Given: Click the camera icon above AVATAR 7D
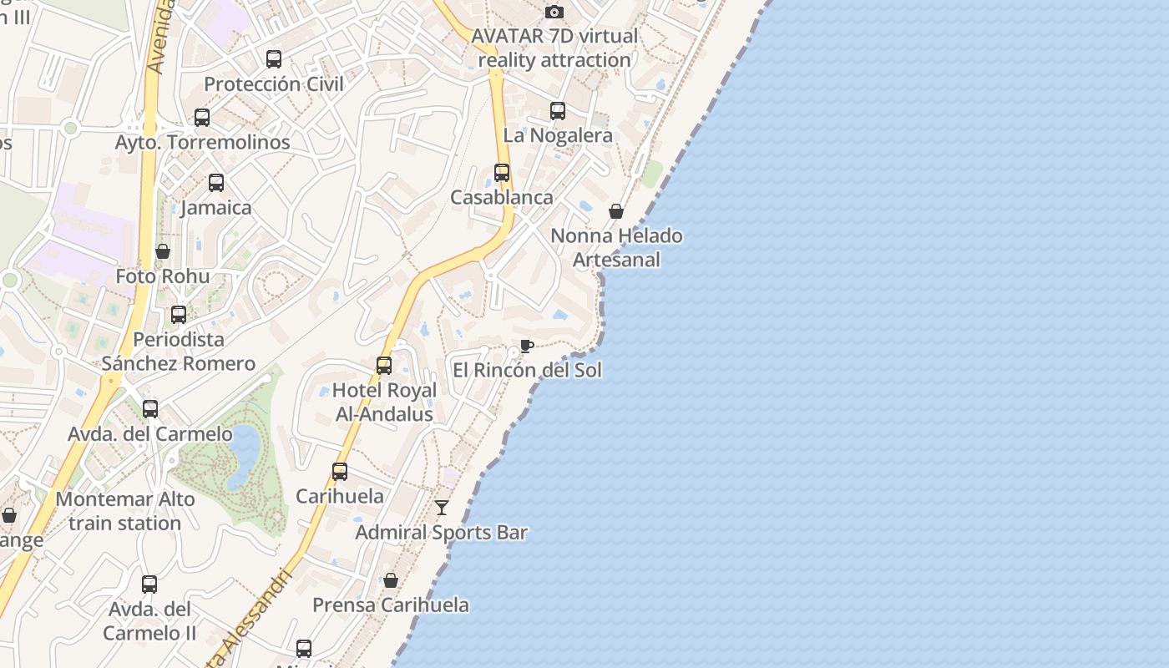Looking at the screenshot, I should tap(554, 12).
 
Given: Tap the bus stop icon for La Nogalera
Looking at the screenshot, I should tap(558, 110).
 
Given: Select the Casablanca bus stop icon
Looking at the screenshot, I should tap(502, 173).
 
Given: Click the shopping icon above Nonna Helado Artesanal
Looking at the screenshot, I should tap(616, 211).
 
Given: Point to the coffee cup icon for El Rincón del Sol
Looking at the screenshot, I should tap(526, 346).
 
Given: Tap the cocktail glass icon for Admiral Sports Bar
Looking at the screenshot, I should tap(442, 507).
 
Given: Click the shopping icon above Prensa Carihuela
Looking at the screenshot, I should tap(390, 580).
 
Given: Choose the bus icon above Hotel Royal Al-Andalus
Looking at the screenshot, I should tap(384, 365).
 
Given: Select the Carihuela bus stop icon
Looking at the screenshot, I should tap(340, 471).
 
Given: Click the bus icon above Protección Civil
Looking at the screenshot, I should tap(274, 59).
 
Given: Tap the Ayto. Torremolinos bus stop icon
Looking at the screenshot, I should tap(202, 118).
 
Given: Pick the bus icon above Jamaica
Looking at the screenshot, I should tap(216, 183).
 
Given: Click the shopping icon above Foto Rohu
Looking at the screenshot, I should tap(163, 251).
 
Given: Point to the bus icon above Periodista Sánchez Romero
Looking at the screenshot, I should tap(179, 315).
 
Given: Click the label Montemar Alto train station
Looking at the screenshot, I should tap(125, 511).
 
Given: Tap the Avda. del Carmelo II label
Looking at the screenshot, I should tap(149, 620).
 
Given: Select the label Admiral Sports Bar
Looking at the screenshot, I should tap(442, 532).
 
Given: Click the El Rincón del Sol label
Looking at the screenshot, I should tap(527, 370).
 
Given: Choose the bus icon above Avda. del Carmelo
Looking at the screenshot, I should tap(150, 409).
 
